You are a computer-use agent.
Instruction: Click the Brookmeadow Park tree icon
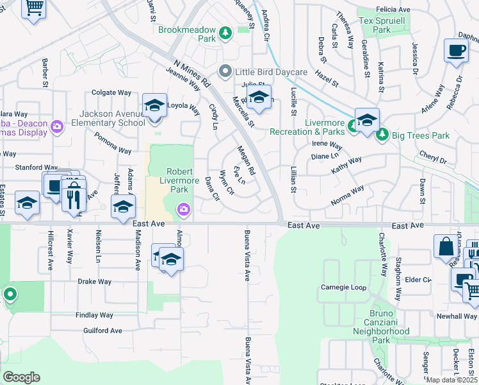coord(225,32)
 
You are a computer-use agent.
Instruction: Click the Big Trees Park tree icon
coord(382,135)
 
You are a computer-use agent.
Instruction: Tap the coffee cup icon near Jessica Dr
coord(455,51)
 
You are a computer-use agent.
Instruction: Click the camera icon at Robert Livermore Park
coord(184,209)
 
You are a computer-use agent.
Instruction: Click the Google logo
coord(21,377)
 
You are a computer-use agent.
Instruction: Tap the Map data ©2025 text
coord(451,380)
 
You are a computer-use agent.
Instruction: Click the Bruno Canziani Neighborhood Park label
coord(381,326)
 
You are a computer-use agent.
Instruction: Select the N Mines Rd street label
coord(191,73)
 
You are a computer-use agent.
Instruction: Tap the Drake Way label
coord(95,282)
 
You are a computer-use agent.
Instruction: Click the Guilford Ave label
coord(102,330)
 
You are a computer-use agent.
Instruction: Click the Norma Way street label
coord(348,195)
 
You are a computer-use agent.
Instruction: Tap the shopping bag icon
coord(445,246)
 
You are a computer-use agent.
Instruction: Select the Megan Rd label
coord(247,160)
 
